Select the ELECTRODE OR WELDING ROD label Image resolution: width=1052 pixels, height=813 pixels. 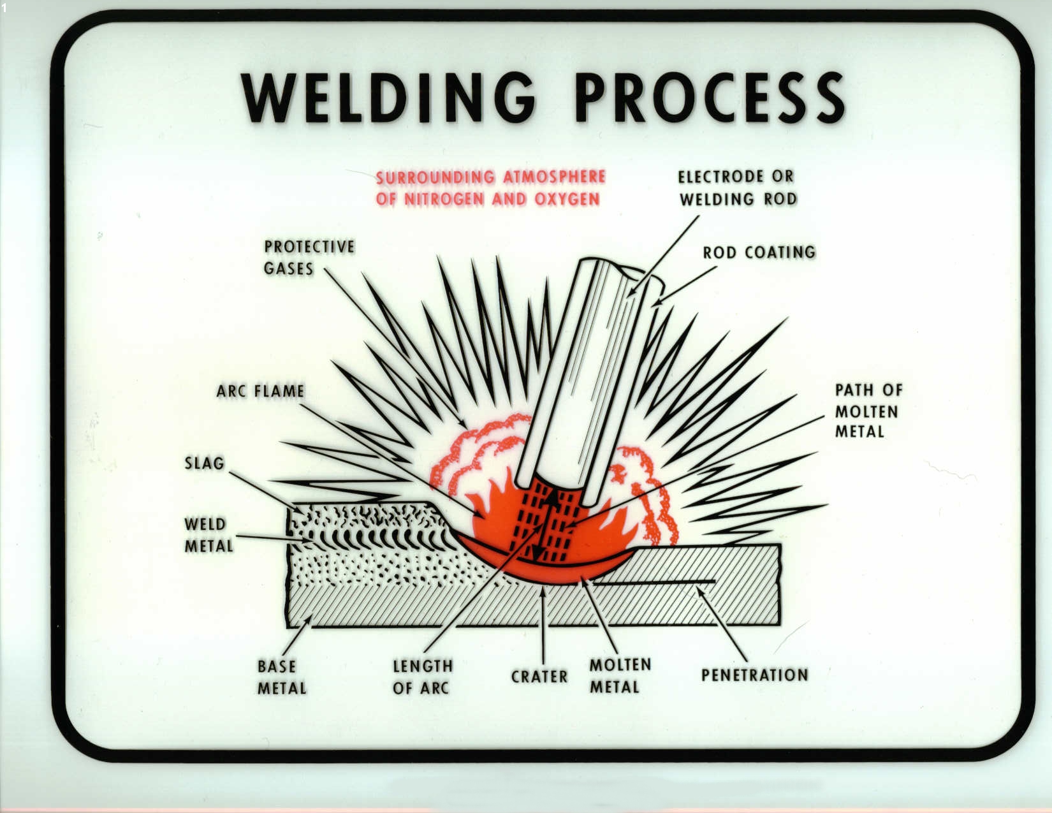(x=737, y=187)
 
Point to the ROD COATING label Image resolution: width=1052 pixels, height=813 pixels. (x=759, y=253)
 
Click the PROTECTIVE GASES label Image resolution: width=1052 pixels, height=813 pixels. (x=309, y=258)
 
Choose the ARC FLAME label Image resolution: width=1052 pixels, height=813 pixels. (x=260, y=391)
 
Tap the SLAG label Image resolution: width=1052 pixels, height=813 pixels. (x=205, y=463)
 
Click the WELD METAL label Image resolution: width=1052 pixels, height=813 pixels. (x=208, y=535)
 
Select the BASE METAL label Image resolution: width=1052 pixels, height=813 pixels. (x=281, y=677)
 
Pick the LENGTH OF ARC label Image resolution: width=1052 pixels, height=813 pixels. (x=422, y=677)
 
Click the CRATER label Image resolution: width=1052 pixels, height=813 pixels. (x=539, y=677)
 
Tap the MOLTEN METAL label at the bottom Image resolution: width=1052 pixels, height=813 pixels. (x=620, y=676)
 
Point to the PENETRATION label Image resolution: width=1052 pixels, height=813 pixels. (x=754, y=675)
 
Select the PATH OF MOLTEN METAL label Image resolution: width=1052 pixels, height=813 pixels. (x=868, y=411)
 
